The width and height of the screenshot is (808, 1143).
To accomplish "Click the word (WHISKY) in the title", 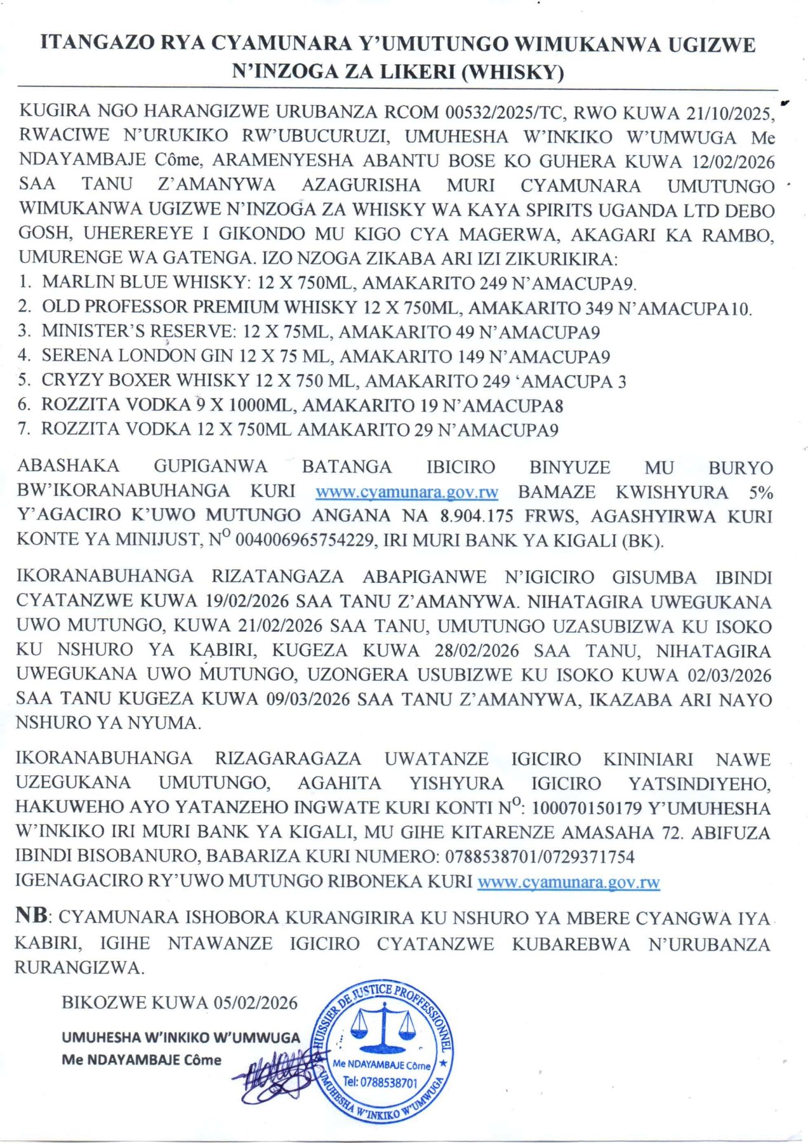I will coord(512,72).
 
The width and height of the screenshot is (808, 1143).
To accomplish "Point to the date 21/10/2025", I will coord(729,114).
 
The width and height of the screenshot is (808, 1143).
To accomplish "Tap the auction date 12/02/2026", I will coord(733,161).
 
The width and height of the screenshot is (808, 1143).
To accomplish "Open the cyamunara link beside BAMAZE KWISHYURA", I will coord(407,492).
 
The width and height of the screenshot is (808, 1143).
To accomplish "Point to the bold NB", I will coord(32,916).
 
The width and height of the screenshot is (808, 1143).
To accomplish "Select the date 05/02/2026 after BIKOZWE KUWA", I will coord(256,1003).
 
